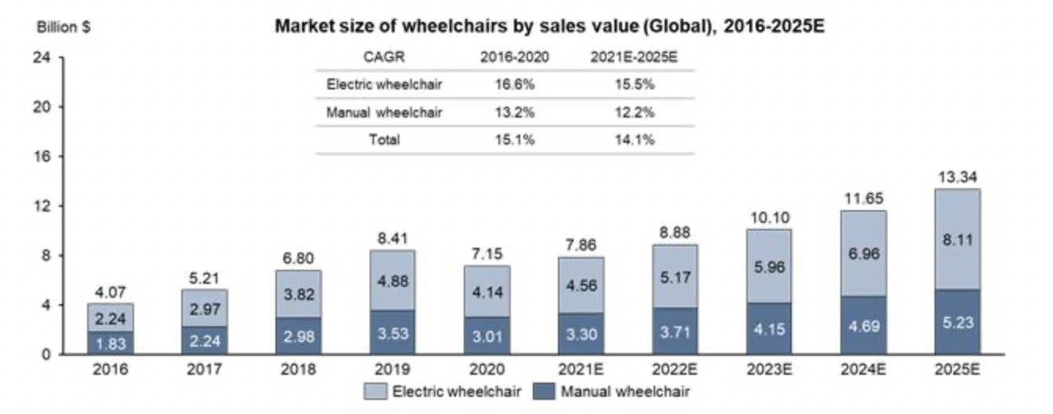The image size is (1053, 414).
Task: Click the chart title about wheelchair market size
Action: click(549, 26)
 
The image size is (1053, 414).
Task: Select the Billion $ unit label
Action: click(63, 26)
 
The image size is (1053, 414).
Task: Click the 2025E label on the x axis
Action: click(956, 368)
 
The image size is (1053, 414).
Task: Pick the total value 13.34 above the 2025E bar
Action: click(956, 176)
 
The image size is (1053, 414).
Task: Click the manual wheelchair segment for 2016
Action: click(111, 342)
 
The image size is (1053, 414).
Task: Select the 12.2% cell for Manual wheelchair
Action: click(635, 112)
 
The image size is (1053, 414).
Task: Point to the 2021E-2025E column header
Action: click(635, 56)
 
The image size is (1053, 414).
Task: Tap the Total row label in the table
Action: click(383, 140)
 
